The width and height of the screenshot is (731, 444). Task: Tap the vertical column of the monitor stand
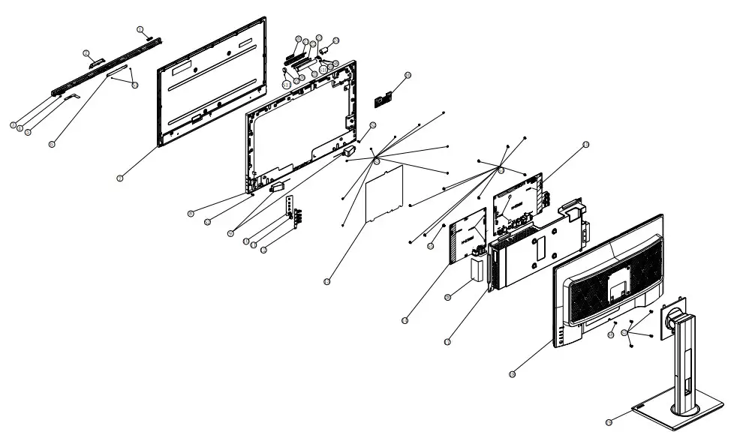coord(684,360)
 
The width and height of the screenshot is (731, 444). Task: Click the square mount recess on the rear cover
coord(616,285)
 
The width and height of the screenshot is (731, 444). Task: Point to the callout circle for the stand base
coord(609,423)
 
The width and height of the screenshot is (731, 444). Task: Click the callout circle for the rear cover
coord(513,373)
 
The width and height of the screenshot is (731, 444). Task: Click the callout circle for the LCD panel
coord(120,178)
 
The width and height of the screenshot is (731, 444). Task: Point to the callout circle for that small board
coord(408,75)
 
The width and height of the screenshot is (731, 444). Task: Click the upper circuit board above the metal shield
coord(517,199)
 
